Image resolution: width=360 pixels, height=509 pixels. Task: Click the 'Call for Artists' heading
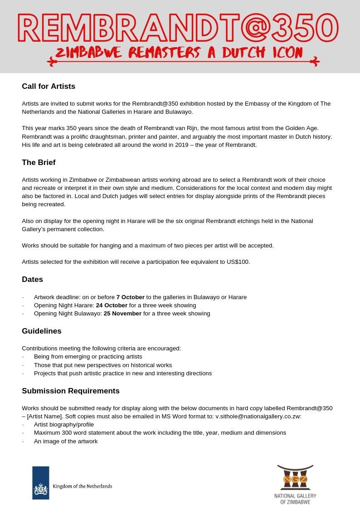pos(49,86)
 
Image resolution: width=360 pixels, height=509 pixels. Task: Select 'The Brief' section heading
pos(39,162)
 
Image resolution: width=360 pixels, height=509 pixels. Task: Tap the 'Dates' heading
pos(32,279)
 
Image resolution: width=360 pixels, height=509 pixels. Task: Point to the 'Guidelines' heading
pos(42,331)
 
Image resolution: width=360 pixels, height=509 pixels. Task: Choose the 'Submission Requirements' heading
pos(71,391)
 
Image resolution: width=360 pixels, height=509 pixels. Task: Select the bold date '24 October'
pos(112,305)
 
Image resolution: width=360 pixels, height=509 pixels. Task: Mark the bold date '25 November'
pos(122,314)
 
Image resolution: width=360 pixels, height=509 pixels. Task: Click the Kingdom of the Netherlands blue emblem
pos(40,483)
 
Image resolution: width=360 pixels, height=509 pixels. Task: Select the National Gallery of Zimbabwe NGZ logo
pos(295,479)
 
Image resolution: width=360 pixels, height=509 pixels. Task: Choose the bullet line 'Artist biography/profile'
pos(64,425)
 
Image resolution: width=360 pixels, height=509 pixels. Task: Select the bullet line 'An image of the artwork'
pos(66,441)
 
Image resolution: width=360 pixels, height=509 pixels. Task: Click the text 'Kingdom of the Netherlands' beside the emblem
pos(83,486)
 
